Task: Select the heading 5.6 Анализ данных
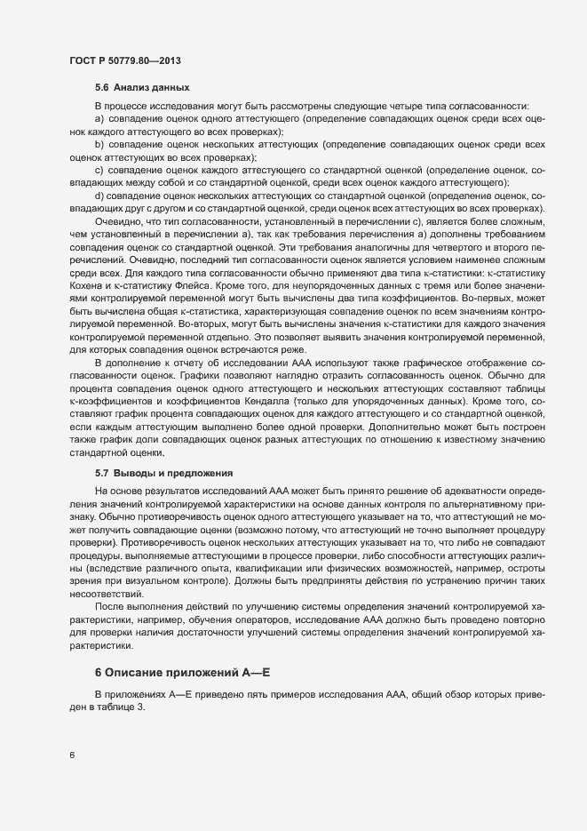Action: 140,88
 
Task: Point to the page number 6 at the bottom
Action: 72,756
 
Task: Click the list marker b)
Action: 99,143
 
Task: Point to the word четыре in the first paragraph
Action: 371,106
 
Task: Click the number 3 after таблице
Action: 139,707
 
